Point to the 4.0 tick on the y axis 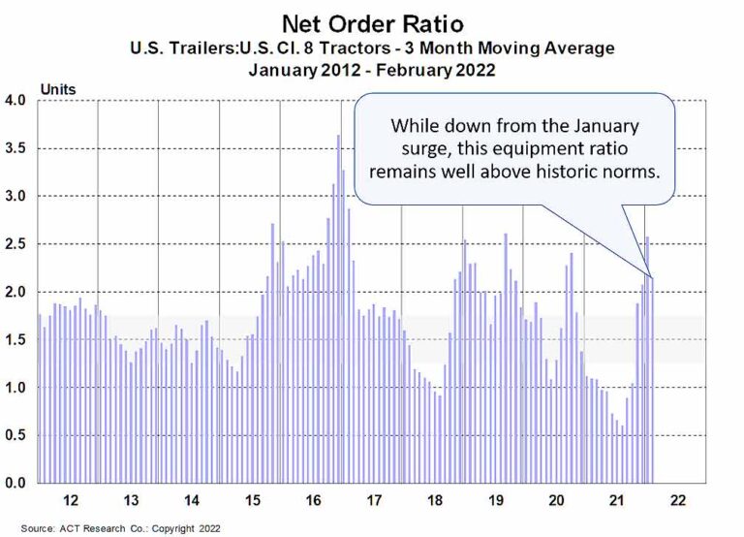coord(19,101)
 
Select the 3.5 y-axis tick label coord(19,148)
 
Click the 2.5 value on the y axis coord(19,244)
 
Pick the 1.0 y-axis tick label coord(19,388)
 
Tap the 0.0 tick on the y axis coord(19,483)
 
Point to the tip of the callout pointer coord(652,278)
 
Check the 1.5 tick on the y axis coord(19,339)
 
